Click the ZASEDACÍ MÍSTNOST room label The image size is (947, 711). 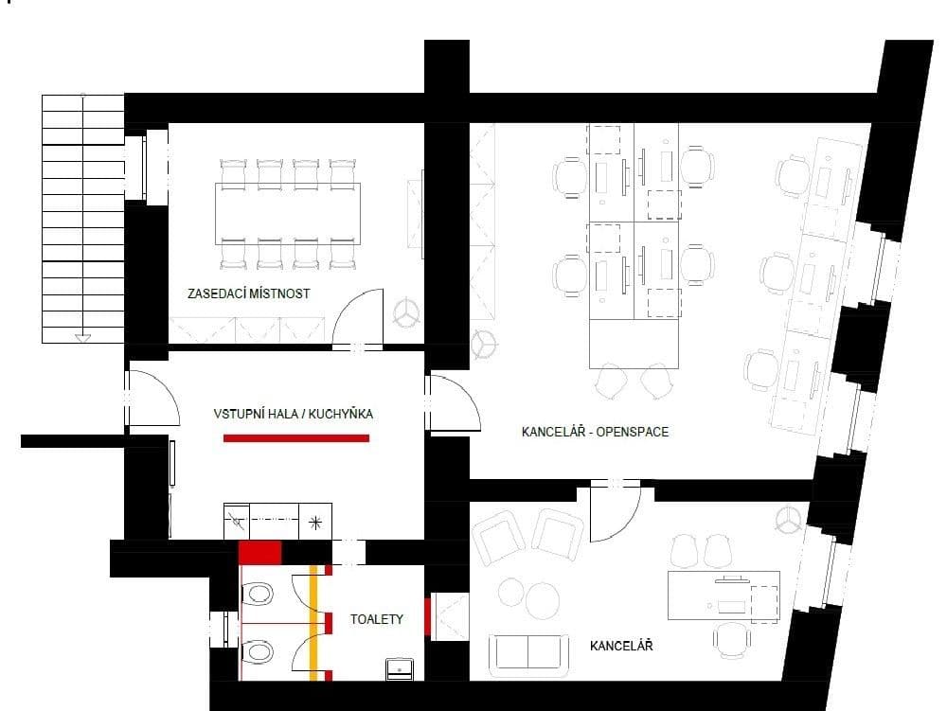249,293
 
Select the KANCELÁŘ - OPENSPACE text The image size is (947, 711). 595,432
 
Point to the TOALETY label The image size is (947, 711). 377,619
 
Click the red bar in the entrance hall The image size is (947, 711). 296,437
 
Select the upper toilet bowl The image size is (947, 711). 258,595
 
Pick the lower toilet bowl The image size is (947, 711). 258,653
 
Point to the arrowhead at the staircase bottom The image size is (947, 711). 83,336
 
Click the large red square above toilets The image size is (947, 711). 260,553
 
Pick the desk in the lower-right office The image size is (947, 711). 724,595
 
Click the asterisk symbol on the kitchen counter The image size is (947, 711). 316,522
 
